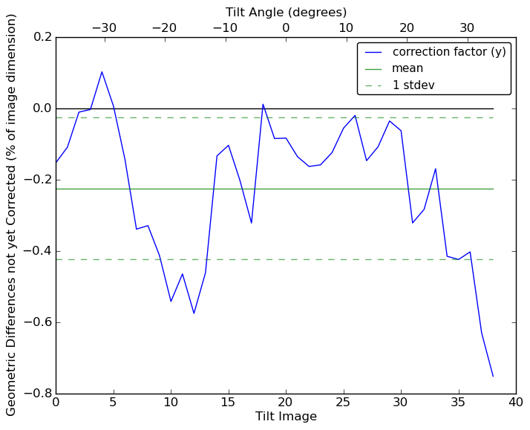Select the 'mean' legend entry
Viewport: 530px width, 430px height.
[x=408, y=68]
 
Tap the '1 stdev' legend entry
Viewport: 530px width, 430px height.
[x=413, y=85]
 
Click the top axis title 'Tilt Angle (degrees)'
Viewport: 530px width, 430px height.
[x=286, y=12]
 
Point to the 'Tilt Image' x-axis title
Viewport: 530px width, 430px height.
[x=286, y=417]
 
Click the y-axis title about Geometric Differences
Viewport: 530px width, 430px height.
[x=12, y=215]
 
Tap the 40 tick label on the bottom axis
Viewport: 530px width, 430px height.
[x=516, y=403]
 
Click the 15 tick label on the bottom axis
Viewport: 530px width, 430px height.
[x=228, y=403]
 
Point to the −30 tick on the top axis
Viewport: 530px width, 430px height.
[x=104, y=28]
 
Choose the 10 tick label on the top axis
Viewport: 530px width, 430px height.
[x=346, y=28]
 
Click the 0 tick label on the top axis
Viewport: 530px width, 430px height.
[x=286, y=28]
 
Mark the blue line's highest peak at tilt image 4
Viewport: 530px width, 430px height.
[x=102, y=72]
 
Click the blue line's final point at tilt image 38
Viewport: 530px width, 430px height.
[x=493, y=376]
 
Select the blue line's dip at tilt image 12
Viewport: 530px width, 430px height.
[x=194, y=313]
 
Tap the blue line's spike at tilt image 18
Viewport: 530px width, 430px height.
[x=263, y=104]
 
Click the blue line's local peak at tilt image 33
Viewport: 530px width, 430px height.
[x=435, y=169]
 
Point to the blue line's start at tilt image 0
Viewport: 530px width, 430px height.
[x=56, y=163]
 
